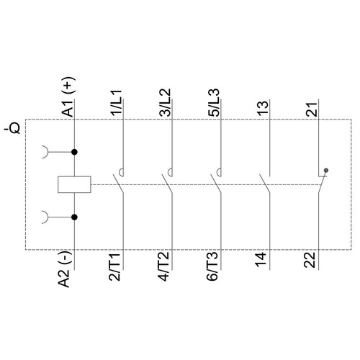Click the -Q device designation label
(12, 128)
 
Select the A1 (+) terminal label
(68, 96)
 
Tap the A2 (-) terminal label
(64, 269)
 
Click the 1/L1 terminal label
(117, 103)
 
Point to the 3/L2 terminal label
(166, 102)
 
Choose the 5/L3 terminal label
(214, 102)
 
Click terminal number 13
(263, 108)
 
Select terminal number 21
(312, 109)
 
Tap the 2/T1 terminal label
(115, 266)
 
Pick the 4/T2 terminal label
(164, 266)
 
